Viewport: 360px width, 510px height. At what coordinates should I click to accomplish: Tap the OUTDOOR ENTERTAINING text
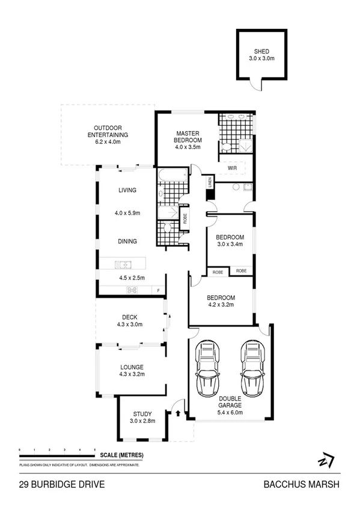click(x=108, y=131)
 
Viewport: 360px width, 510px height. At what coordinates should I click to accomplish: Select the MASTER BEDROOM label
click(x=187, y=137)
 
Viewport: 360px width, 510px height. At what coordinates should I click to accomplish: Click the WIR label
click(x=232, y=168)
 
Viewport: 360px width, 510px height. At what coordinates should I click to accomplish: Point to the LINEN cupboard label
click(x=210, y=181)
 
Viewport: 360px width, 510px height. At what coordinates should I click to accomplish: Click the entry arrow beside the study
click(x=179, y=413)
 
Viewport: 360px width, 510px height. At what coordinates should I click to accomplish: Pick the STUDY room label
click(x=142, y=414)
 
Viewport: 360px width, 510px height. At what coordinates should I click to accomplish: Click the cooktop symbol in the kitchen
click(x=132, y=290)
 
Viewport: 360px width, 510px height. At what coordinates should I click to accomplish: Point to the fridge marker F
click(x=158, y=291)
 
